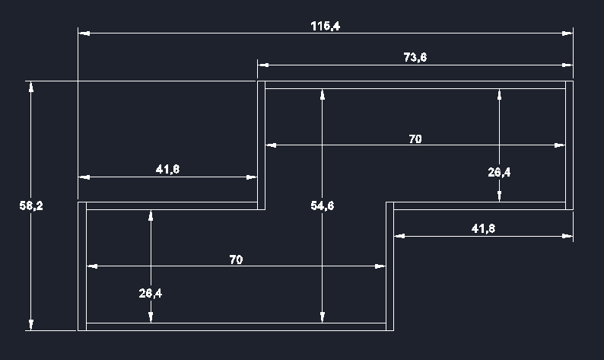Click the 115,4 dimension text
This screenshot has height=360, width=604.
[x=325, y=26]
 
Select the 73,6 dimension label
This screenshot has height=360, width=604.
[x=415, y=57]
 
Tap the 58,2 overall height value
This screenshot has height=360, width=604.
[x=31, y=205]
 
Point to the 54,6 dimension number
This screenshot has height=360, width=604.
[x=323, y=205]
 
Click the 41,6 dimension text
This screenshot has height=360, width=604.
[x=167, y=169]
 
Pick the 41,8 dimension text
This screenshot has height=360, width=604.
[x=483, y=228]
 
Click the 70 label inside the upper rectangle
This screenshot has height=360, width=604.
[x=415, y=139]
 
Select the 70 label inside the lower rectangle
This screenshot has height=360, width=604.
[x=236, y=260]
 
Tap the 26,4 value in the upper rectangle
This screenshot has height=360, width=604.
[x=499, y=172]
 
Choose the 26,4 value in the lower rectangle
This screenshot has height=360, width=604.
[x=151, y=293]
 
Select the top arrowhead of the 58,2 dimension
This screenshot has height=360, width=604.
[x=31, y=86]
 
